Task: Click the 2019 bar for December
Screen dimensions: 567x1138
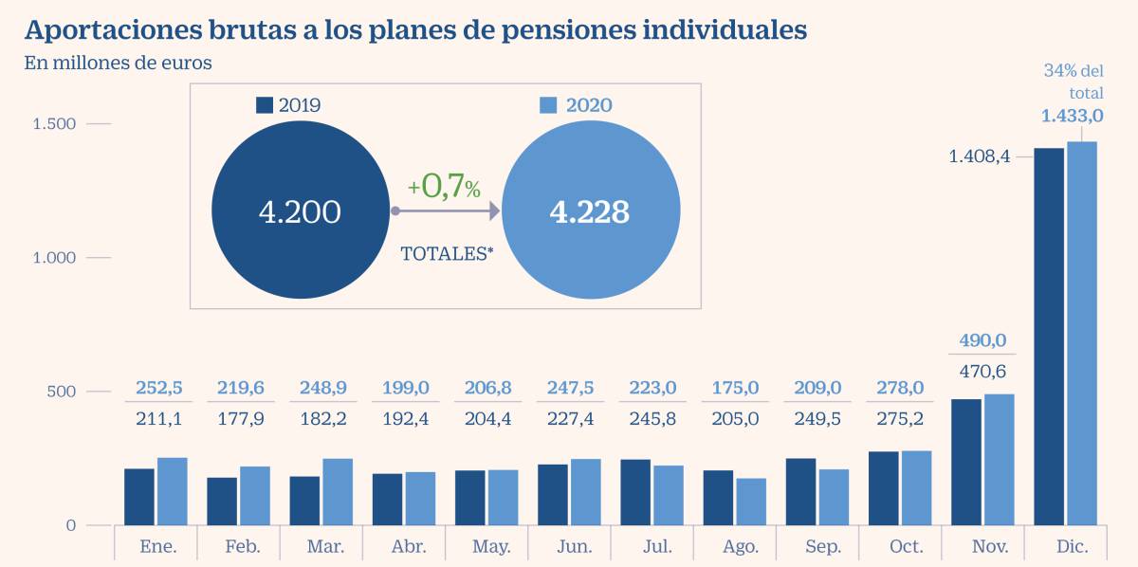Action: pyautogui.click(x=1048, y=337)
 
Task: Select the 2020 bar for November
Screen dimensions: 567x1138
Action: pyautogui.click(x=1000, y=460)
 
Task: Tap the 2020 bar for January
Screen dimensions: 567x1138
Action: pyautogui.click(x=172, y=491)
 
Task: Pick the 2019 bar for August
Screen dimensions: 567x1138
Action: pyautogui.click(x=718, y=498)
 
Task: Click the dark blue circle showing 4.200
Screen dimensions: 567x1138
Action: pyautogui.click(x=300, y=210)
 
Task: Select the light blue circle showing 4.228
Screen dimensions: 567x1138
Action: pyautogui.click(x=590, y=210)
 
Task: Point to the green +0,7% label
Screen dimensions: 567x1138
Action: pyautogui.click(x=444, y=186)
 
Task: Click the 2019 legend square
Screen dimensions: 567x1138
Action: pyautogui.click(x=265, y=105)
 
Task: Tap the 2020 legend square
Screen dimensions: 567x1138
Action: pyautogui.click(x=549, y=105)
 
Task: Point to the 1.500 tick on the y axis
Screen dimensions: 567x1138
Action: pyautogui.click(x=54, y=124)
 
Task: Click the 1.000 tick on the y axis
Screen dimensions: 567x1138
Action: pyautogui.click(x=54, y=258)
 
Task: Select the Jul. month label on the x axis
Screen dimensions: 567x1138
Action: pyautogui.click(x=657, y=547)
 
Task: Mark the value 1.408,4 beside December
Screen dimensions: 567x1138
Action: pyautogui.click(x=981, y=155)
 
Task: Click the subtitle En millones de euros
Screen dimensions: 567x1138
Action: pyautogui.click(x=119, y=64)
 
